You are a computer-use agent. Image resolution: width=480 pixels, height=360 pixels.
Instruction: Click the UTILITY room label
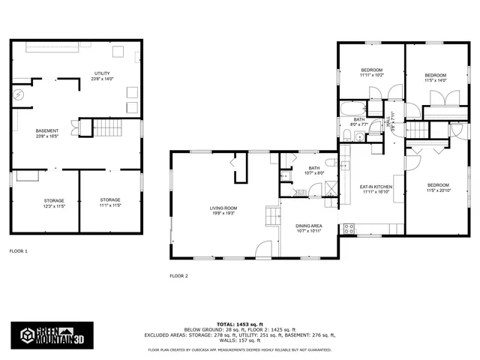pyautogui.click(x=100, y=76)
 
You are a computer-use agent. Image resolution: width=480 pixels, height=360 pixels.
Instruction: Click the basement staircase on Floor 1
pyautogui.click(x=106, y=127)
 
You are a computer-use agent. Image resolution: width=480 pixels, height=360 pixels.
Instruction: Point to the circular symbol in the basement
pyautogui.click(x=19, y=95)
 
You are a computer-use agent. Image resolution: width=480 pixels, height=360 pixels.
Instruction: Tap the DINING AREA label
pyautogui.click(x=309, y=228)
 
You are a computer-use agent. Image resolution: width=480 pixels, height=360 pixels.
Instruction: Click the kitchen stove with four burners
pyautogui.click(x=348, y=228)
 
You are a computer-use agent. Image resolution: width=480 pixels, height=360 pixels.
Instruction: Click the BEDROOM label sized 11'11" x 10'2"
pyautogui.click(x=371, y=73)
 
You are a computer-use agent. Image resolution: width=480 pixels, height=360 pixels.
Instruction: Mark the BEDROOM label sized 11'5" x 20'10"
pyautogui.click(x=438, y=187)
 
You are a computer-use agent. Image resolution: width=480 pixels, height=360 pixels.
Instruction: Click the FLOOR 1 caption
pyautogui.click(x=18, y=250)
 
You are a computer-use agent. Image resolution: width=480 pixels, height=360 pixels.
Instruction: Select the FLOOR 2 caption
pyautogui.click(x=178, y=276)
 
